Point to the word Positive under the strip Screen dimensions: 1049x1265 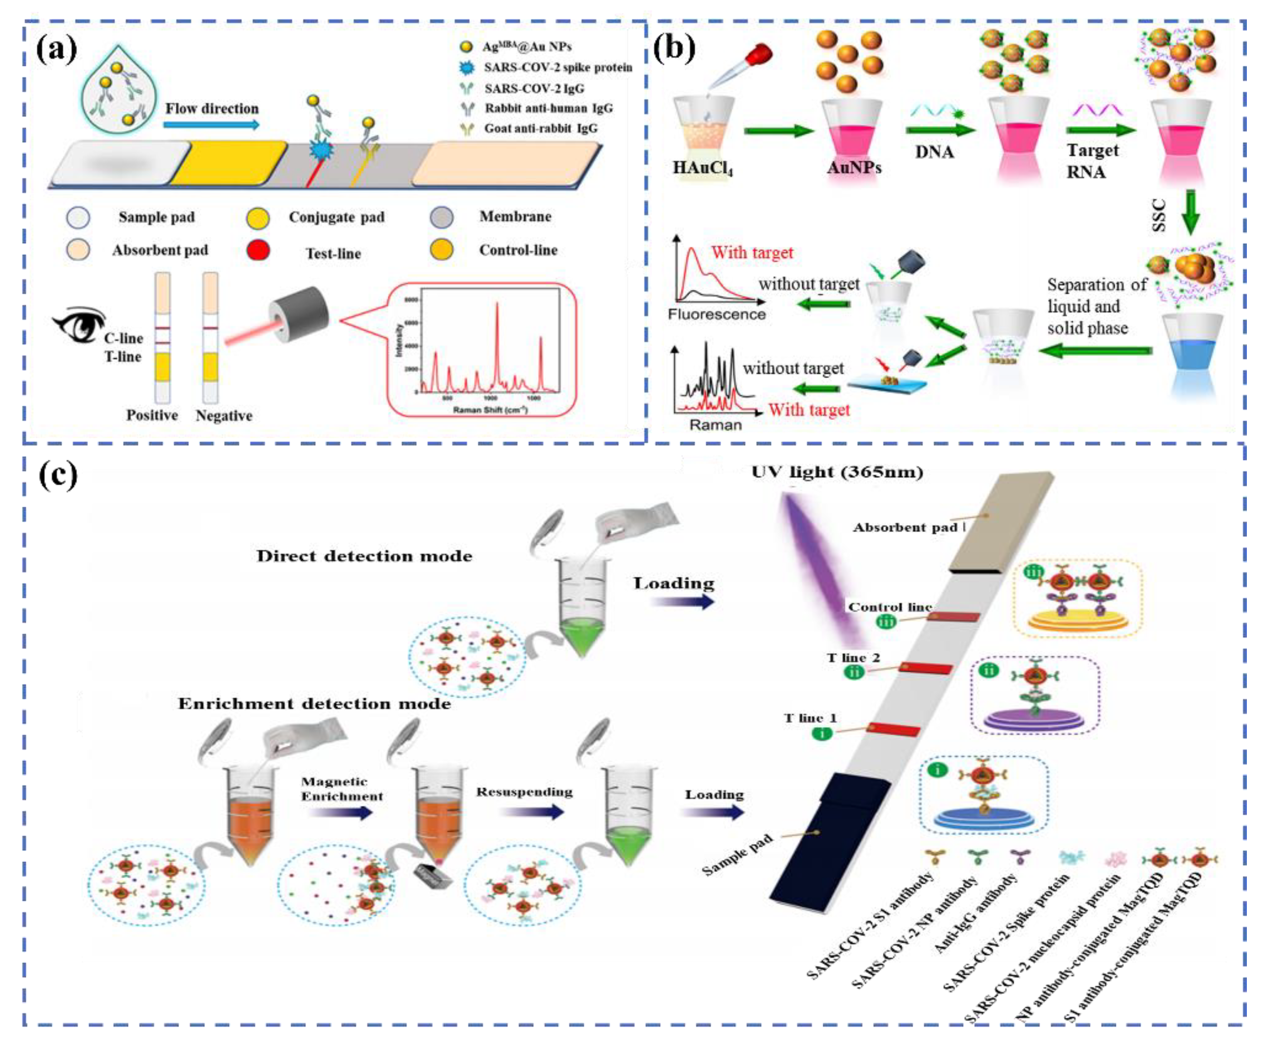click(x=152, y=415)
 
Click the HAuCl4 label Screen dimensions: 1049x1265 click(x=702, y=167)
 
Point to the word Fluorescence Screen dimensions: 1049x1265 click(x=716, y=314)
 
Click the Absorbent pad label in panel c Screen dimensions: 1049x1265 click(x=905, y=528)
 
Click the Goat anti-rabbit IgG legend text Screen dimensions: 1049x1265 click(x=540, y=128)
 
